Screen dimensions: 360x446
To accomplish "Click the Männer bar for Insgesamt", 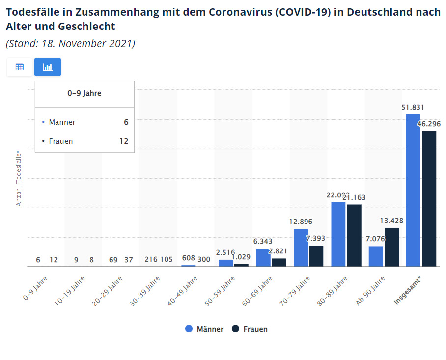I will pos(413,191).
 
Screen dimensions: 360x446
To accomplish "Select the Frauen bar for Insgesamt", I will pos(429,198).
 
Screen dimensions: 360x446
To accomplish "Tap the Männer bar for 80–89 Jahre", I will pos(338,234).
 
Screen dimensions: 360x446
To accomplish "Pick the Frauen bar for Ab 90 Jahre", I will pos(391,247).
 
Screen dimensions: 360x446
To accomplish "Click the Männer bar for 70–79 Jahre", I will pos(301,248).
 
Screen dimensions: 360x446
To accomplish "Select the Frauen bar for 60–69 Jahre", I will pos(279,262).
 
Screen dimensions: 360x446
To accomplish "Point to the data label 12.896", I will pos(301,222).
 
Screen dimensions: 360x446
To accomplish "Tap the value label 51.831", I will pos(413,107).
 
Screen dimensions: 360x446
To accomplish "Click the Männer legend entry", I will pos(204,329).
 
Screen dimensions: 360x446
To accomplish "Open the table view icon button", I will pos(20,67).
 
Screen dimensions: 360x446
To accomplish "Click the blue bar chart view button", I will pos(48,67).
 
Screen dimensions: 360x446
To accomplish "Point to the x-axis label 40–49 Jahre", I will pos(183,291).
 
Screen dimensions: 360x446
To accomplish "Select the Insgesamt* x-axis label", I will pos(409,291).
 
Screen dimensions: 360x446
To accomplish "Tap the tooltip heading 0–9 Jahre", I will pos(84,93).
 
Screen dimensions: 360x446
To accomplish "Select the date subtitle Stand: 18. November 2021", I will pos(70,43).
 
